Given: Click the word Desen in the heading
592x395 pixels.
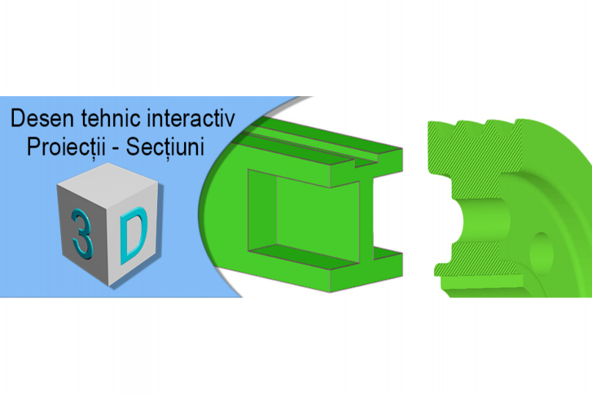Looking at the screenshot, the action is pos(42,118).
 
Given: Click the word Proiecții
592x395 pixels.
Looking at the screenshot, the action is pos(67,147).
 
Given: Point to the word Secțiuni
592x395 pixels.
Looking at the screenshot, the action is pos(165,147).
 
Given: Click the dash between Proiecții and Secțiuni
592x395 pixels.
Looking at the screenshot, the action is pos(116,149).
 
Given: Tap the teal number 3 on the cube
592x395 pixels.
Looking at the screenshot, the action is pos(82,233).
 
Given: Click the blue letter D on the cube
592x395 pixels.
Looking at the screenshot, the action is pos(133,236).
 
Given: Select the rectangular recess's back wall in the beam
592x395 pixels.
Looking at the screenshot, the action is pos(317,221).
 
